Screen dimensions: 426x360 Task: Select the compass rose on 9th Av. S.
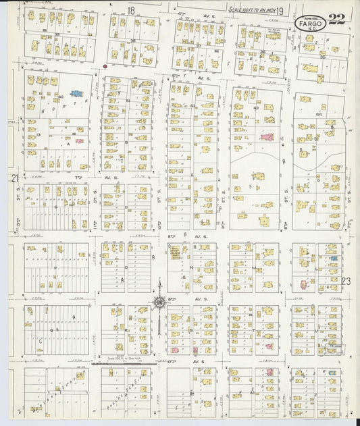[x=160, y=302]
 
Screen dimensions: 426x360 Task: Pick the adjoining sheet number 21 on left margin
[x=14, y=178]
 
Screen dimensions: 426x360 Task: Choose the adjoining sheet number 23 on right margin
[x=346, y=280]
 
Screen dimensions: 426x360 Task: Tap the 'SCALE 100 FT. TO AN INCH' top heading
[x=250, y=9]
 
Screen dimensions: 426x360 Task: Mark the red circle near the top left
[x=105, y=66]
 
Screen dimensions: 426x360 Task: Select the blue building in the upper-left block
[x=76, y=94]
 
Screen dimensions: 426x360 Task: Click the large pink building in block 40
[x=267, y=137]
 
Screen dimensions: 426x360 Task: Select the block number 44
[x=318, y=115]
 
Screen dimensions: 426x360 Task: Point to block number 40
[x=256, y=108]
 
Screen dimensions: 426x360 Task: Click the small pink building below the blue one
[x=80, y=141]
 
